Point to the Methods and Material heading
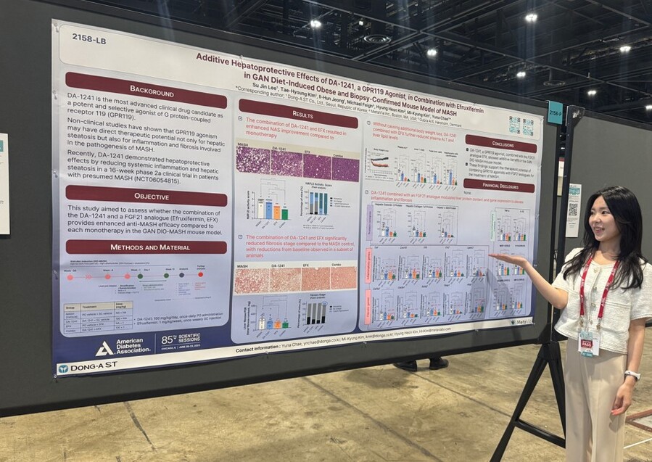146,247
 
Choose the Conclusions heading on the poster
500,143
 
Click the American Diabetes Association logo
123,347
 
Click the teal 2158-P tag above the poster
555,112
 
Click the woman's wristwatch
632,375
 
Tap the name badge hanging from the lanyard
587,342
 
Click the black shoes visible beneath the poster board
421,364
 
